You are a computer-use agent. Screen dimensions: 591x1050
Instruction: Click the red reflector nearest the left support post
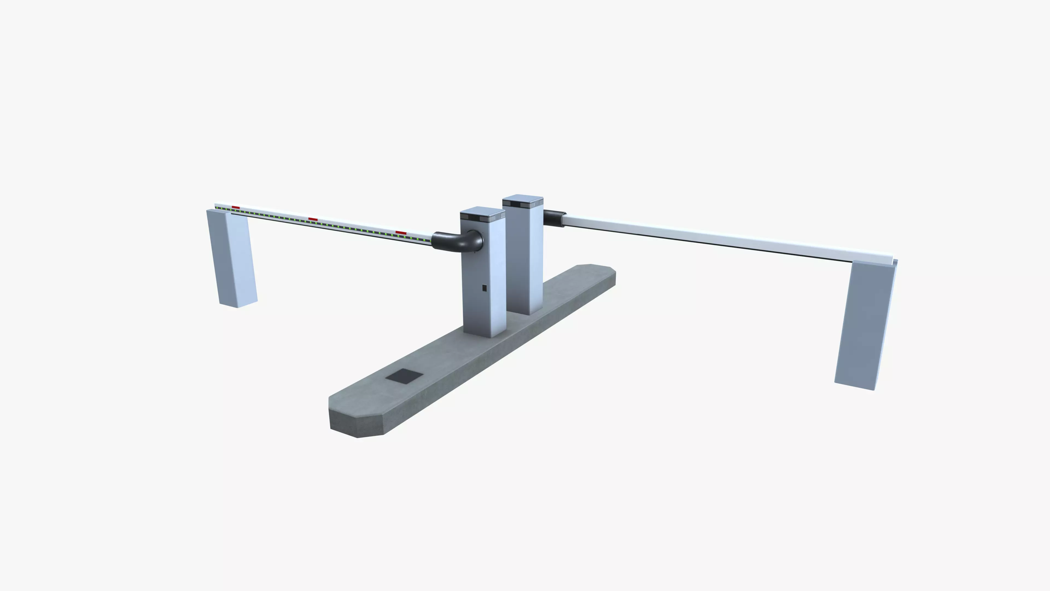point(236,208)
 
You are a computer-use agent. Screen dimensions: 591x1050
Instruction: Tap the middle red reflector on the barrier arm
point(313,219)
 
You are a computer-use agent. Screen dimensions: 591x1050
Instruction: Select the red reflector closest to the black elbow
point(401,233)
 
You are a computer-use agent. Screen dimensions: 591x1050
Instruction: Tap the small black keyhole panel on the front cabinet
point(484,288)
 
